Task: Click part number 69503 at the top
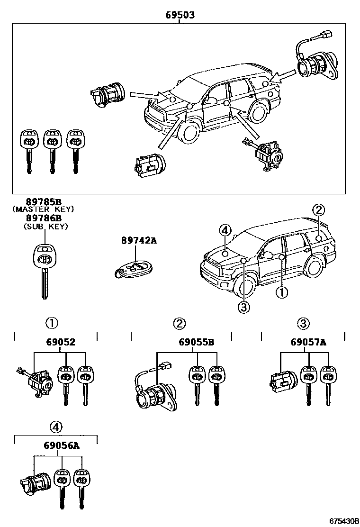(180, 15)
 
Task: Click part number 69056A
(61, 445)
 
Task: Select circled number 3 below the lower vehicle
(243, 308)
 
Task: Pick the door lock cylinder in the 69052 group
(38, 380)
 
